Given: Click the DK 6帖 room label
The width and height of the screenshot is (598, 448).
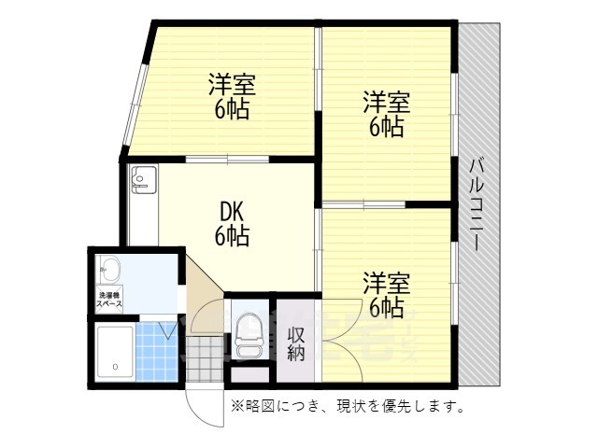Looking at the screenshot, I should click(x=233, y=225).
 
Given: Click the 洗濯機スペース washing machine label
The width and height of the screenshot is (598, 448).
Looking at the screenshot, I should click(x=107, y=301).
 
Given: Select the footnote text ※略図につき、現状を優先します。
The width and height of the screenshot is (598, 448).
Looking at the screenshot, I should click(x=349, y=407).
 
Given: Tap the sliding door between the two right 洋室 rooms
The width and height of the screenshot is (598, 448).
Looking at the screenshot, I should click(x=364, y=203).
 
